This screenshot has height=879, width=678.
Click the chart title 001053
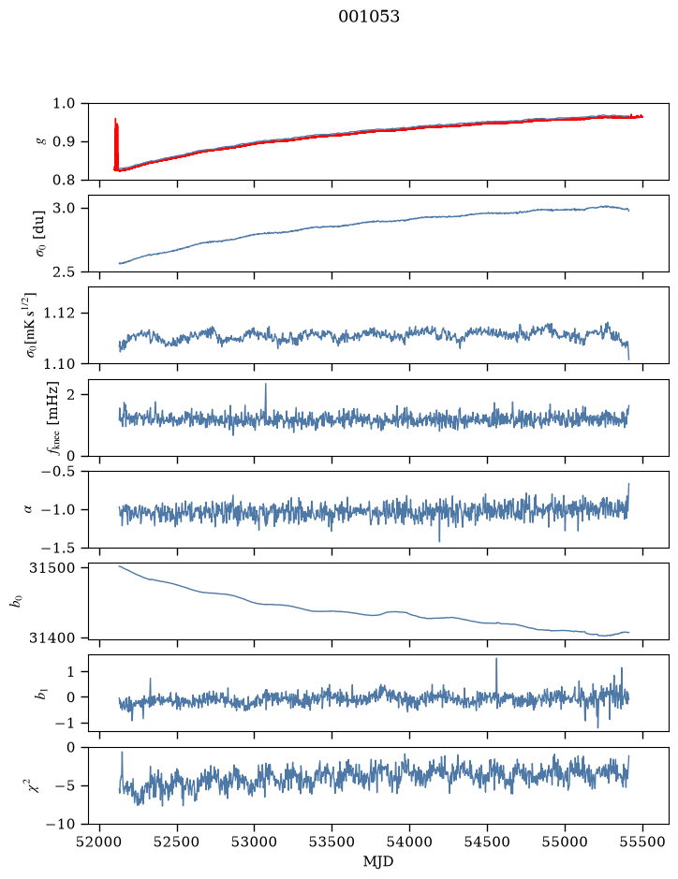[369, 17]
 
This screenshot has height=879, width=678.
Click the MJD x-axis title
[378, 861]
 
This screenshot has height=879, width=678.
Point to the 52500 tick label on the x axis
[177, 842]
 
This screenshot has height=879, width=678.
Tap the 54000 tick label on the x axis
[409, 842]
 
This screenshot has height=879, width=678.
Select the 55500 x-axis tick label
[642, 842]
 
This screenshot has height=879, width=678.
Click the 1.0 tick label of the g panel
[64, 104]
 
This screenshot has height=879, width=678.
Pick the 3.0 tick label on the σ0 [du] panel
[64, 209]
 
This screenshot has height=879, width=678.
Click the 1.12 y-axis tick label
[60, 313]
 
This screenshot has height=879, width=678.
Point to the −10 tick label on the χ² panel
[62, 824]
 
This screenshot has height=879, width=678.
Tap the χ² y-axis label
[34, 785]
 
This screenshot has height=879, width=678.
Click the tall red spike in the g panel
[116, 143]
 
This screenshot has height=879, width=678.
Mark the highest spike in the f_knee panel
[265, 385]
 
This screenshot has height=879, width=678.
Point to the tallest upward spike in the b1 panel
[496, 659]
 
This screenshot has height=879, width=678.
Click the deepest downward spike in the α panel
[439, 540]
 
